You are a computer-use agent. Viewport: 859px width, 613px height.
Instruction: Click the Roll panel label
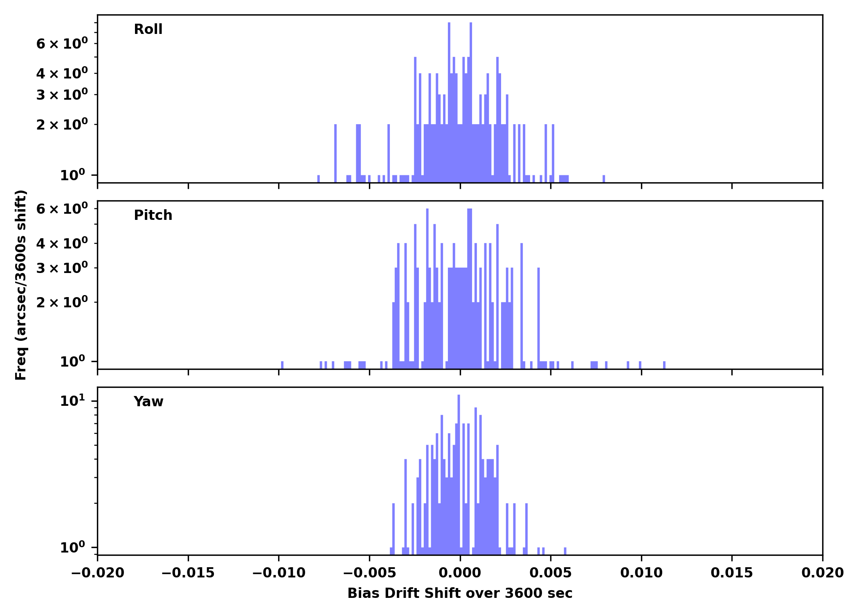pos(148,29)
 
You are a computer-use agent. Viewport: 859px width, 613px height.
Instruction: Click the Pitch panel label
pos(153,215)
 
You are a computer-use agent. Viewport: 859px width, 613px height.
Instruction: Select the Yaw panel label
pos(148,402)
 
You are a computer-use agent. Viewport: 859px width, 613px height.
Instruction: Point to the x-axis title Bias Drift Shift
pos(460,593)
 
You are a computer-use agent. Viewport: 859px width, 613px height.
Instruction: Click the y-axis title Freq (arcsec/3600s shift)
pos(21,285)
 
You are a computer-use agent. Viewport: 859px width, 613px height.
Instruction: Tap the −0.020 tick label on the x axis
pos(98,573)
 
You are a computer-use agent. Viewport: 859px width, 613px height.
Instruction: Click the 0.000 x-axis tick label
pos(460,573)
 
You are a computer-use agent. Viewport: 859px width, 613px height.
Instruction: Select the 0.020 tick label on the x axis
pos(822,573)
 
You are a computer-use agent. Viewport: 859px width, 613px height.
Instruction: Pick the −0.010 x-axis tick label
pos(279,573)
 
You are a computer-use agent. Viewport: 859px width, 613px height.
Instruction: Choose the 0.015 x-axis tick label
pos(732,573)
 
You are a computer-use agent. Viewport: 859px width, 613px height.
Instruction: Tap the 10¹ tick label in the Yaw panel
pos(73,401)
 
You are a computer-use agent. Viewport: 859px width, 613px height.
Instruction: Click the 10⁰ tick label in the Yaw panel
pos(73,547)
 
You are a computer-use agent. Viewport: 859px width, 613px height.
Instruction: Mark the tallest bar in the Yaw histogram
pos(459,470)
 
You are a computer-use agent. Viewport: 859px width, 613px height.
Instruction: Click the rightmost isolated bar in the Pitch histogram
pos(664,365)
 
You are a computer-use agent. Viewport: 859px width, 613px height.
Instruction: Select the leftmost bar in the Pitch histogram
pos(282,365)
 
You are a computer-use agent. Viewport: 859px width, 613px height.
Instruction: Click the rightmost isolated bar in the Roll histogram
pos(604,179)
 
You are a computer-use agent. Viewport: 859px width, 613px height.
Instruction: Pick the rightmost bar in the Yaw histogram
pos(565,551)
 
